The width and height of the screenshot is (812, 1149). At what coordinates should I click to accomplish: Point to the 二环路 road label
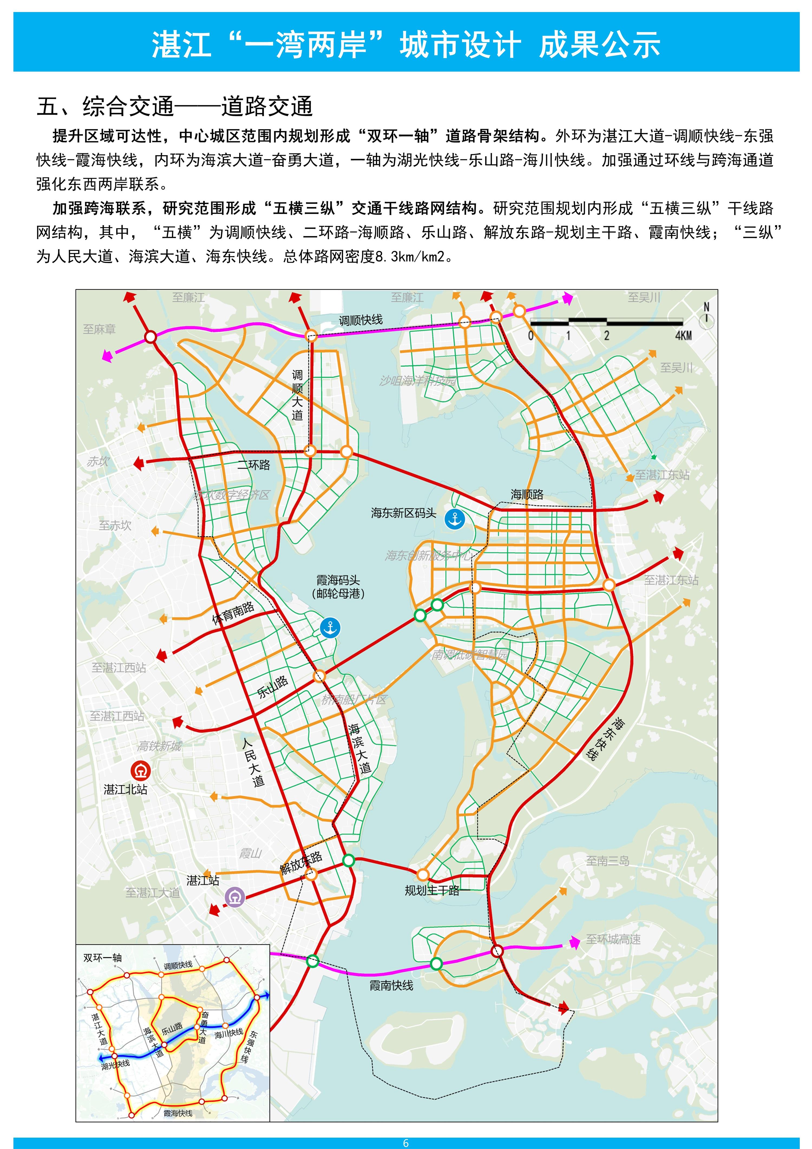coord(254,465)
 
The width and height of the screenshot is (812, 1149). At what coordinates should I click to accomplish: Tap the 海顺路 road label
coord(527,494)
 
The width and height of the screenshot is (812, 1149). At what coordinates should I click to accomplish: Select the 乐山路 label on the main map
coord(273,687)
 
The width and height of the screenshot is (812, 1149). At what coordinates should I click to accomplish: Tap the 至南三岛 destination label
coord(607,861)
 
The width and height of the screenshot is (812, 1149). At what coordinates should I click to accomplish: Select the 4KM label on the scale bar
coord(683,336)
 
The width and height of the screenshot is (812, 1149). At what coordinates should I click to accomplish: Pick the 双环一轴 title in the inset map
coord(103,958)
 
